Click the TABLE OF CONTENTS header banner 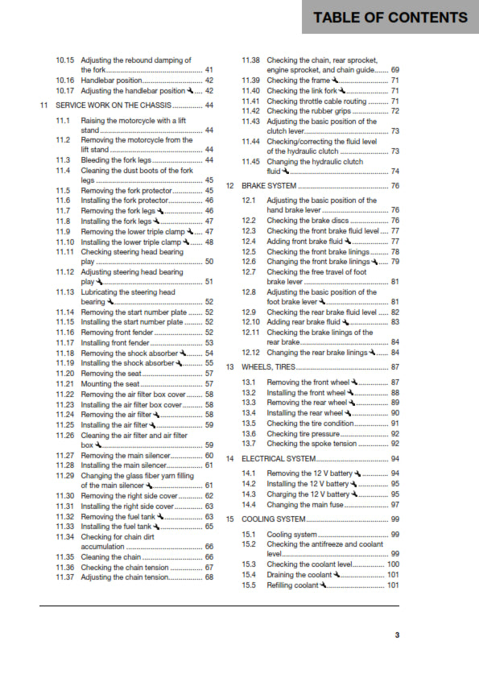tap(390, 17)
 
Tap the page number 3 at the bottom tap(397, 635)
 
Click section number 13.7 tap(249, 443)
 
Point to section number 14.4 tap(249, 505)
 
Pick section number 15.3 tap(249, 564)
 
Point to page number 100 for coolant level tap(393, 564)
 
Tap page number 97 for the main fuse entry tap(394, 505)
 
